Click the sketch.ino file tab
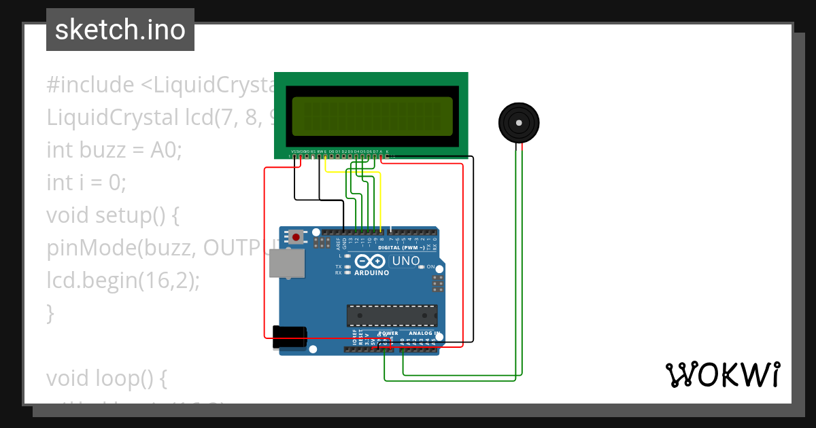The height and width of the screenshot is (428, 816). coord(120,30)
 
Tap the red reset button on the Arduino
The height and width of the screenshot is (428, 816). coord(296,237)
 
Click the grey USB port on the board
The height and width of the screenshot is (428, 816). coord(287,263)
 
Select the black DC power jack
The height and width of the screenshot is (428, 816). coord(289,337)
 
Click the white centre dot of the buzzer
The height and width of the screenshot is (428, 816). coord(519,123)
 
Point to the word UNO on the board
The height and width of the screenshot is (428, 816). coord(405,261)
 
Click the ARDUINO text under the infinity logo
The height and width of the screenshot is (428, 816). coord(371,272)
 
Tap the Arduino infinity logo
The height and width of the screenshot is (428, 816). coord(371,261)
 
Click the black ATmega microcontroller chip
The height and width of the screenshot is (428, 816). coord(392,316)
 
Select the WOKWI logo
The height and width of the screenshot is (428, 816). coord(722,374)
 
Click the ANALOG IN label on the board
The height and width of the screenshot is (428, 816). coord(424,334)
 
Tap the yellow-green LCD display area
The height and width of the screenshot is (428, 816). coord(372,116)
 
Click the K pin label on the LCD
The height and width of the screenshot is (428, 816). coord(388,151)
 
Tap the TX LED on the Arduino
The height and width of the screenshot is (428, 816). coord(347,267)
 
